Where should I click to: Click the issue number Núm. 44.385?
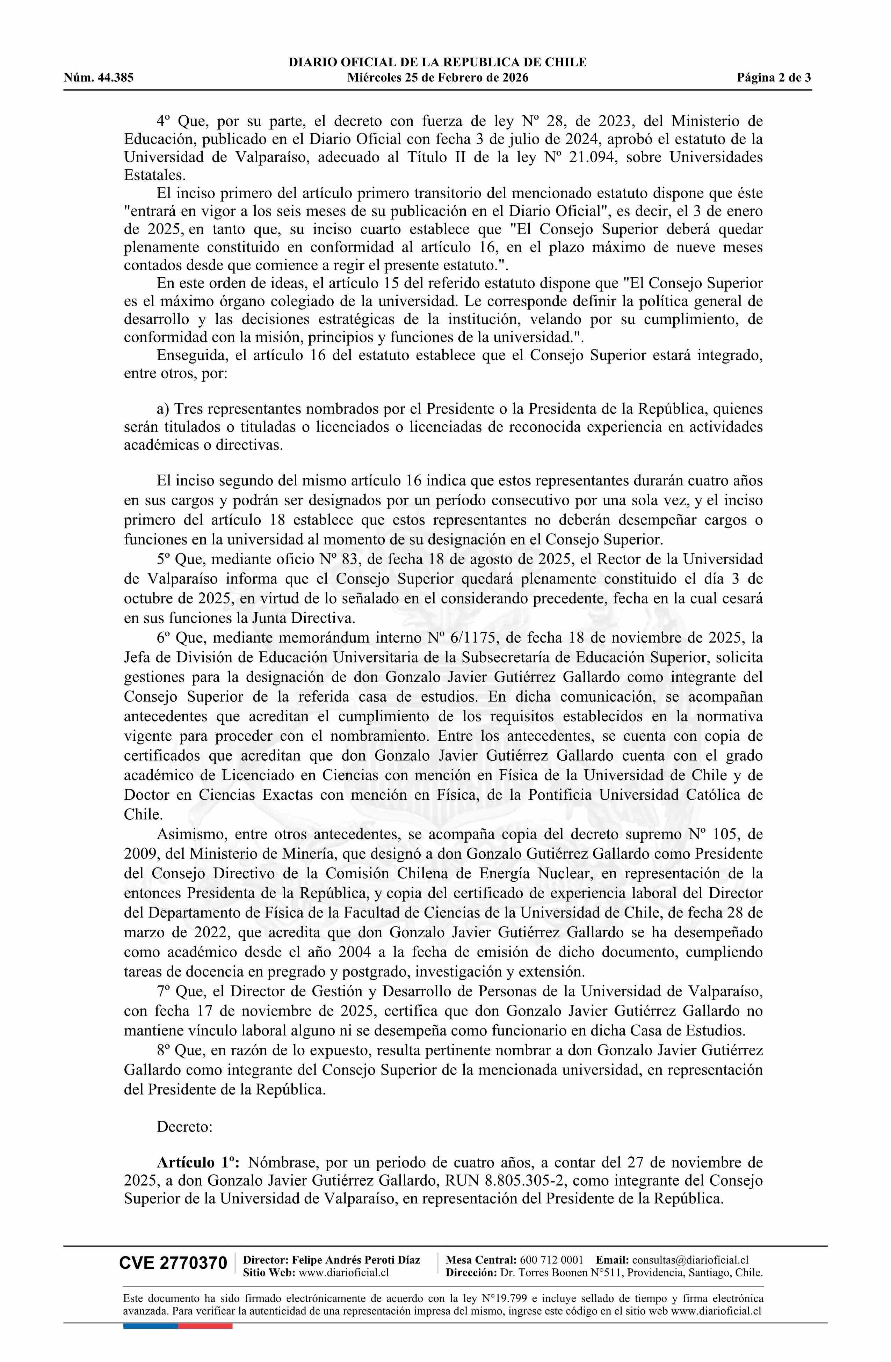[x=99, y=78]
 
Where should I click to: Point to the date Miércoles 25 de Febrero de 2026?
[x=437, y=78]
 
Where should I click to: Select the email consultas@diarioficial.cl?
[x=690, y=1260]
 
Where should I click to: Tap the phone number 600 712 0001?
[x=551, y=1260]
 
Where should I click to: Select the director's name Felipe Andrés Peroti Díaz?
[x=356, y=1260]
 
